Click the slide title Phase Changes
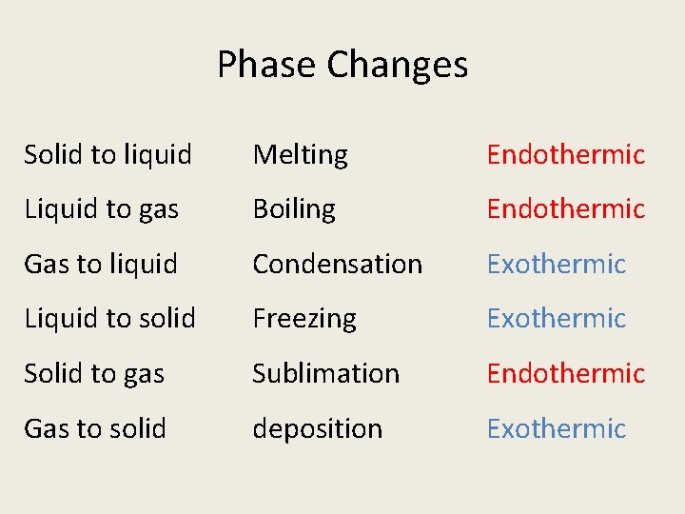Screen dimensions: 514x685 tap(342, 65)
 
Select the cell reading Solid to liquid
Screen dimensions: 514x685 tap(108, 154)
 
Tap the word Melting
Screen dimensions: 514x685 tap(300, 154)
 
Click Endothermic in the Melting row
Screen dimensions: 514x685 tap(566, 154)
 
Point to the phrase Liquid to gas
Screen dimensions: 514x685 tap(102, 209)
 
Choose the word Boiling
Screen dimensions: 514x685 tap(294, 209)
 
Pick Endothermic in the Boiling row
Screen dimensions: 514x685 tap(566, 209)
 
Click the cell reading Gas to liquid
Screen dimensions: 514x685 tap(101, 264)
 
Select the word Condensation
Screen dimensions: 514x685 tap(337, 264)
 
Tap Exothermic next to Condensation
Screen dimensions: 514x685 tap(557, 264)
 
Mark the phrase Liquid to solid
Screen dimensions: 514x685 tap(110, 319)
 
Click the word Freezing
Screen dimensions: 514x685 tap(304, 319)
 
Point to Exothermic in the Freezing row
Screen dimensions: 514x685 tap(557, 319)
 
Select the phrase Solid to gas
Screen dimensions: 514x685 tap(94, 374)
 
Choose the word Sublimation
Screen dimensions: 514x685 tap(325, 374)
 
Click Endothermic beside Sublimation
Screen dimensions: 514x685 tap(566, 374)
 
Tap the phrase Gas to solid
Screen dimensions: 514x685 tap(95, 428)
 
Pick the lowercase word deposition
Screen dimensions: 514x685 tap(317, 429)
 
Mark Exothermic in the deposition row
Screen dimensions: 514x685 tap(557, 428)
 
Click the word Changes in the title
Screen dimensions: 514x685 tap(398, 65)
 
